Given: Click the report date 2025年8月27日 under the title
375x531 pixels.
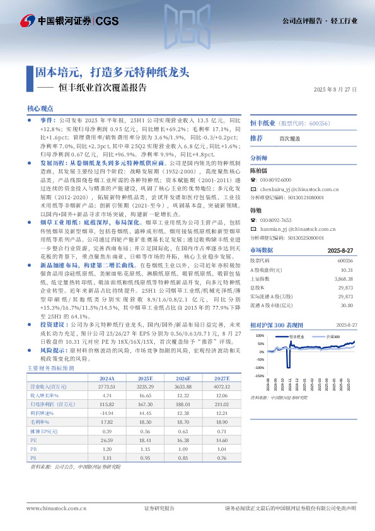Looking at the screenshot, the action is point(335,90).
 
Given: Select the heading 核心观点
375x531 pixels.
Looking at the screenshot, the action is point(40,108).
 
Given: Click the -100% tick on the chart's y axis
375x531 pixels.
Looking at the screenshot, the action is point(259,367).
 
